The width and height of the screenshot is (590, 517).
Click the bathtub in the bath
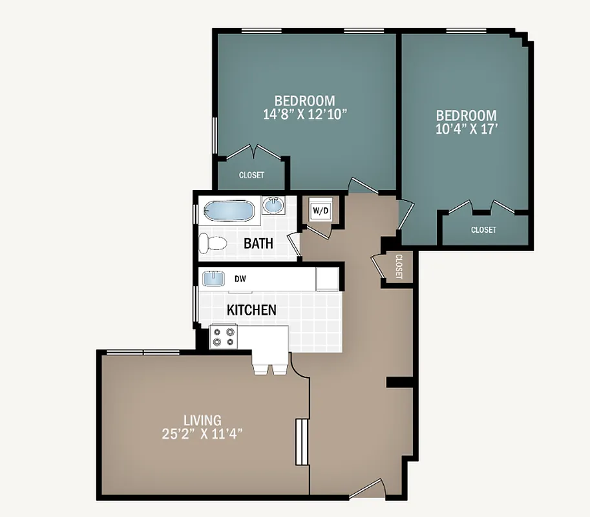(229, 211)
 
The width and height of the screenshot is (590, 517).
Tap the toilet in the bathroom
(213, 243)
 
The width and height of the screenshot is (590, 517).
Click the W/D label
(319, 211)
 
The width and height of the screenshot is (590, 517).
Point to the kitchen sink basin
(213, 279)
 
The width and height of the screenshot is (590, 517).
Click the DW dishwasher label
(240, 279)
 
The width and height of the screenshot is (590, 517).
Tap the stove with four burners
(224, 337)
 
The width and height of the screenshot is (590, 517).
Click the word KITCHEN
(251, 310)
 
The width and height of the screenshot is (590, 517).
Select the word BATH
(258, 244)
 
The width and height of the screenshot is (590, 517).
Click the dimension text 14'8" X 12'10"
(305, 114)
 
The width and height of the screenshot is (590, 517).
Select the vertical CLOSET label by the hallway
(399, 267)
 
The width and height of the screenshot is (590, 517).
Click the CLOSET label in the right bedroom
(483, 230)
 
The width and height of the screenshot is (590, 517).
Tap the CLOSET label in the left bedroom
(251, 175)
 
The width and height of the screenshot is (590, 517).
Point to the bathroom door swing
(295, 244)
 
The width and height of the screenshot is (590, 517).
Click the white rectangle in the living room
(300, 442)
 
